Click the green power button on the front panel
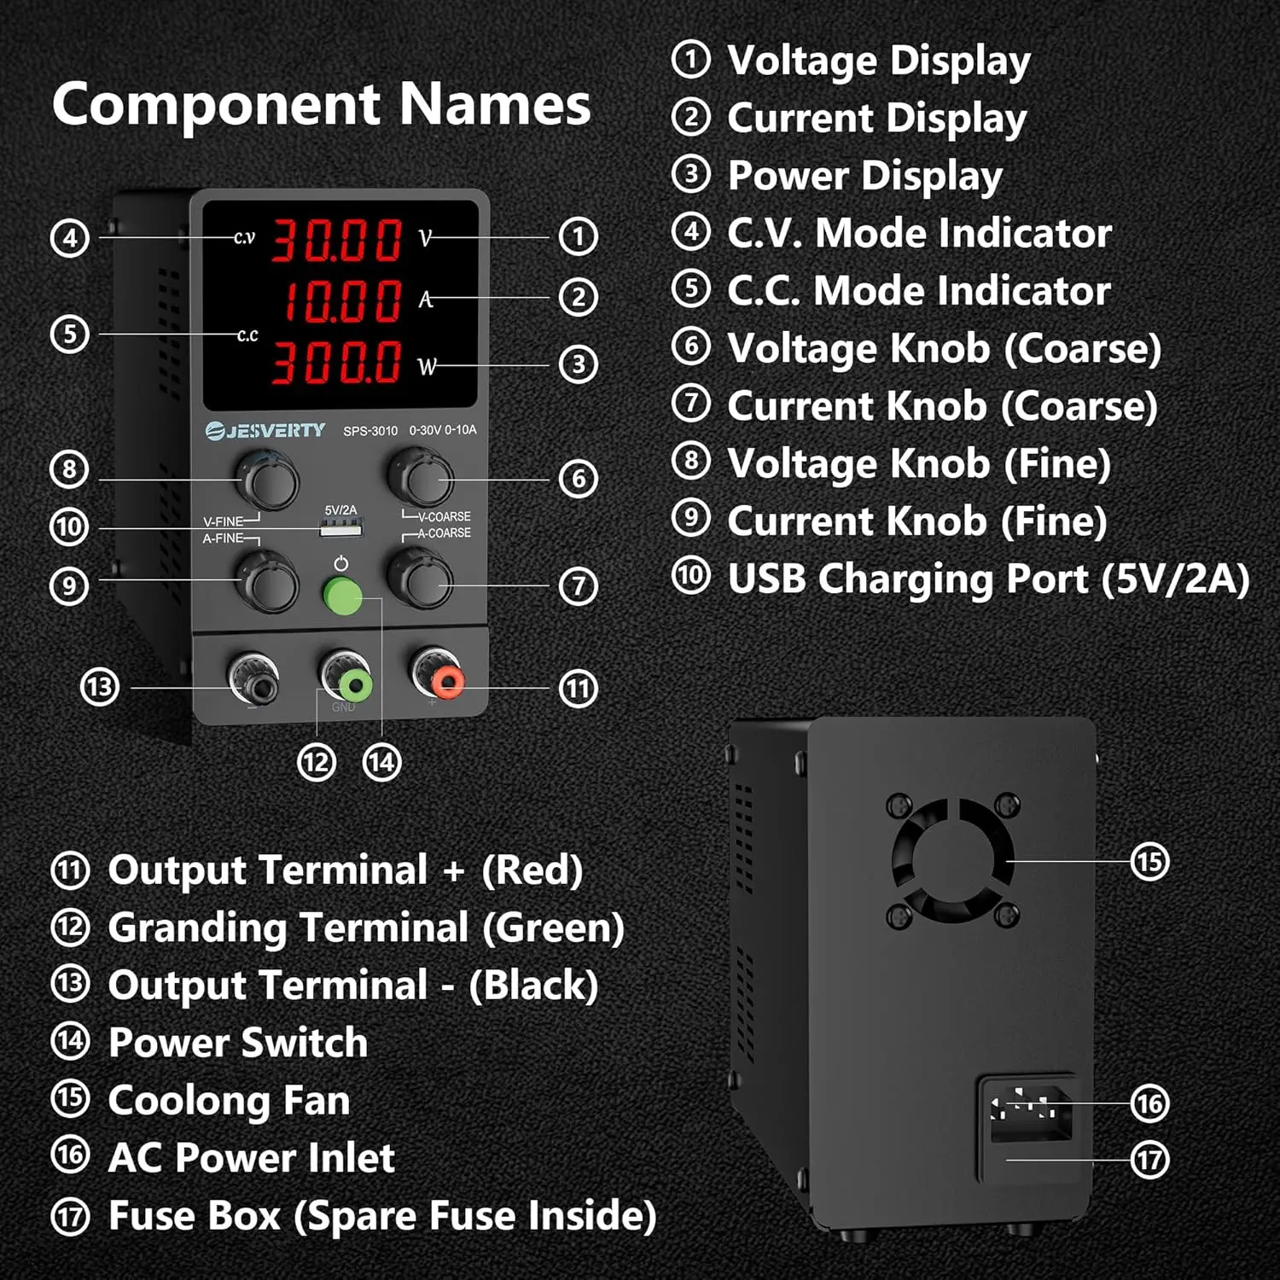(342, 595)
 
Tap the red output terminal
(445, 682)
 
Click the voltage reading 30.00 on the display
(336, 240)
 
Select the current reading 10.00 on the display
(341, 301)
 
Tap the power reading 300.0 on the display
(336, 362)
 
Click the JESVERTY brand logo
(266, 430)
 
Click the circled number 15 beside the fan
(1149, 861)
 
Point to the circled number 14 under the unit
(381, 761)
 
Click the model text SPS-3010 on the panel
(370, 431)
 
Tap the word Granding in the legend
(200, 928)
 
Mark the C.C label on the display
(247, 335)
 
